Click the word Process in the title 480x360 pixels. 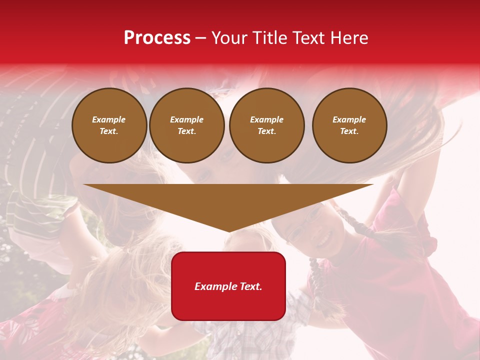point(157,38)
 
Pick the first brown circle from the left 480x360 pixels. point(109,125)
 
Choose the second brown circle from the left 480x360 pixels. point(187,125)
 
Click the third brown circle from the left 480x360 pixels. point(267,125)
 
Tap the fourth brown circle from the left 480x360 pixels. point(349,125)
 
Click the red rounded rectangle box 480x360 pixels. point(228,300)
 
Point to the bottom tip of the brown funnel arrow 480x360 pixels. point(229,231)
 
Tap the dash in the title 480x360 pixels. point(201,38)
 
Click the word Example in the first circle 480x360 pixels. point(109,119)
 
